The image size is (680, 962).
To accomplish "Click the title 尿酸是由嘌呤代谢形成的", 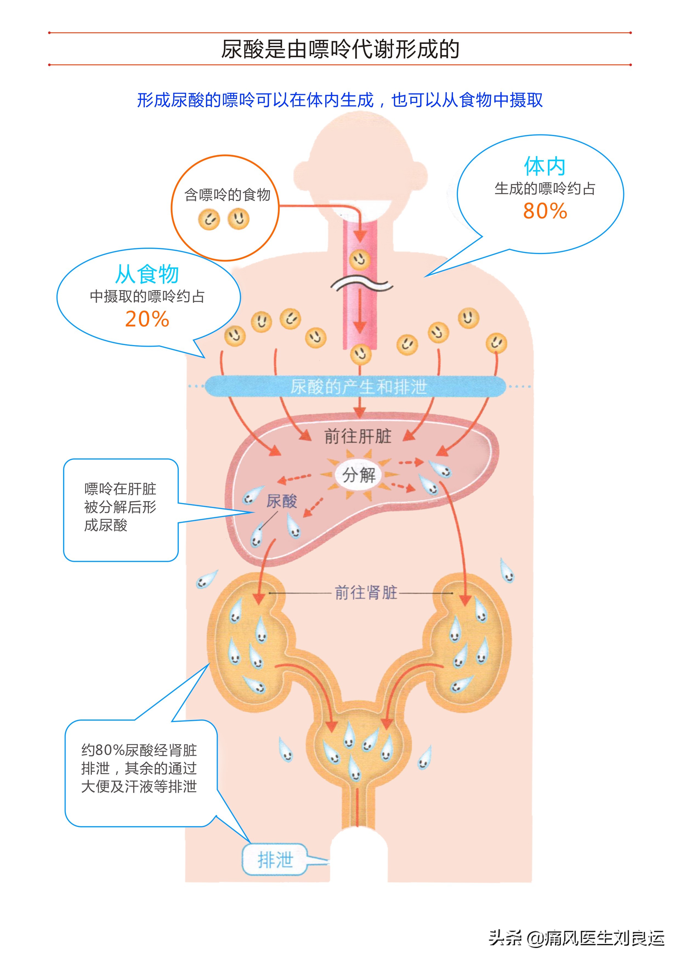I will click(340, 49).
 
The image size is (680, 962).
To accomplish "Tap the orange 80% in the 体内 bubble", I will click(545, 211).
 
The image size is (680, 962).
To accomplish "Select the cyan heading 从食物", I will click(147, 274).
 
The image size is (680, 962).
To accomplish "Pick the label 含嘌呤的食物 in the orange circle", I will click(227, 195).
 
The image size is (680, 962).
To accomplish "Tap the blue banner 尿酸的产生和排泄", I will click(358, 386).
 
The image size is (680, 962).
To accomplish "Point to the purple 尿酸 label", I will click(281, 501).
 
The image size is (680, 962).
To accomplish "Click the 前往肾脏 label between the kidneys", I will click(365, 593).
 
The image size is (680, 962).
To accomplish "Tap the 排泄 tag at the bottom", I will click(275, 860).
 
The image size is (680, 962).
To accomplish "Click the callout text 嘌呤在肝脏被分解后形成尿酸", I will click(120, 507).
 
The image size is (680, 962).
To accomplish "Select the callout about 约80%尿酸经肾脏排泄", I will click(139, 768).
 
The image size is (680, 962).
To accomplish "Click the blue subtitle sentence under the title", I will click(340, 100).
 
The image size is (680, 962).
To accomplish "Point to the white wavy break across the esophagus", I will click(361, 285).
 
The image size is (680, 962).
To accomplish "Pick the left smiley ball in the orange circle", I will click(209, 219).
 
